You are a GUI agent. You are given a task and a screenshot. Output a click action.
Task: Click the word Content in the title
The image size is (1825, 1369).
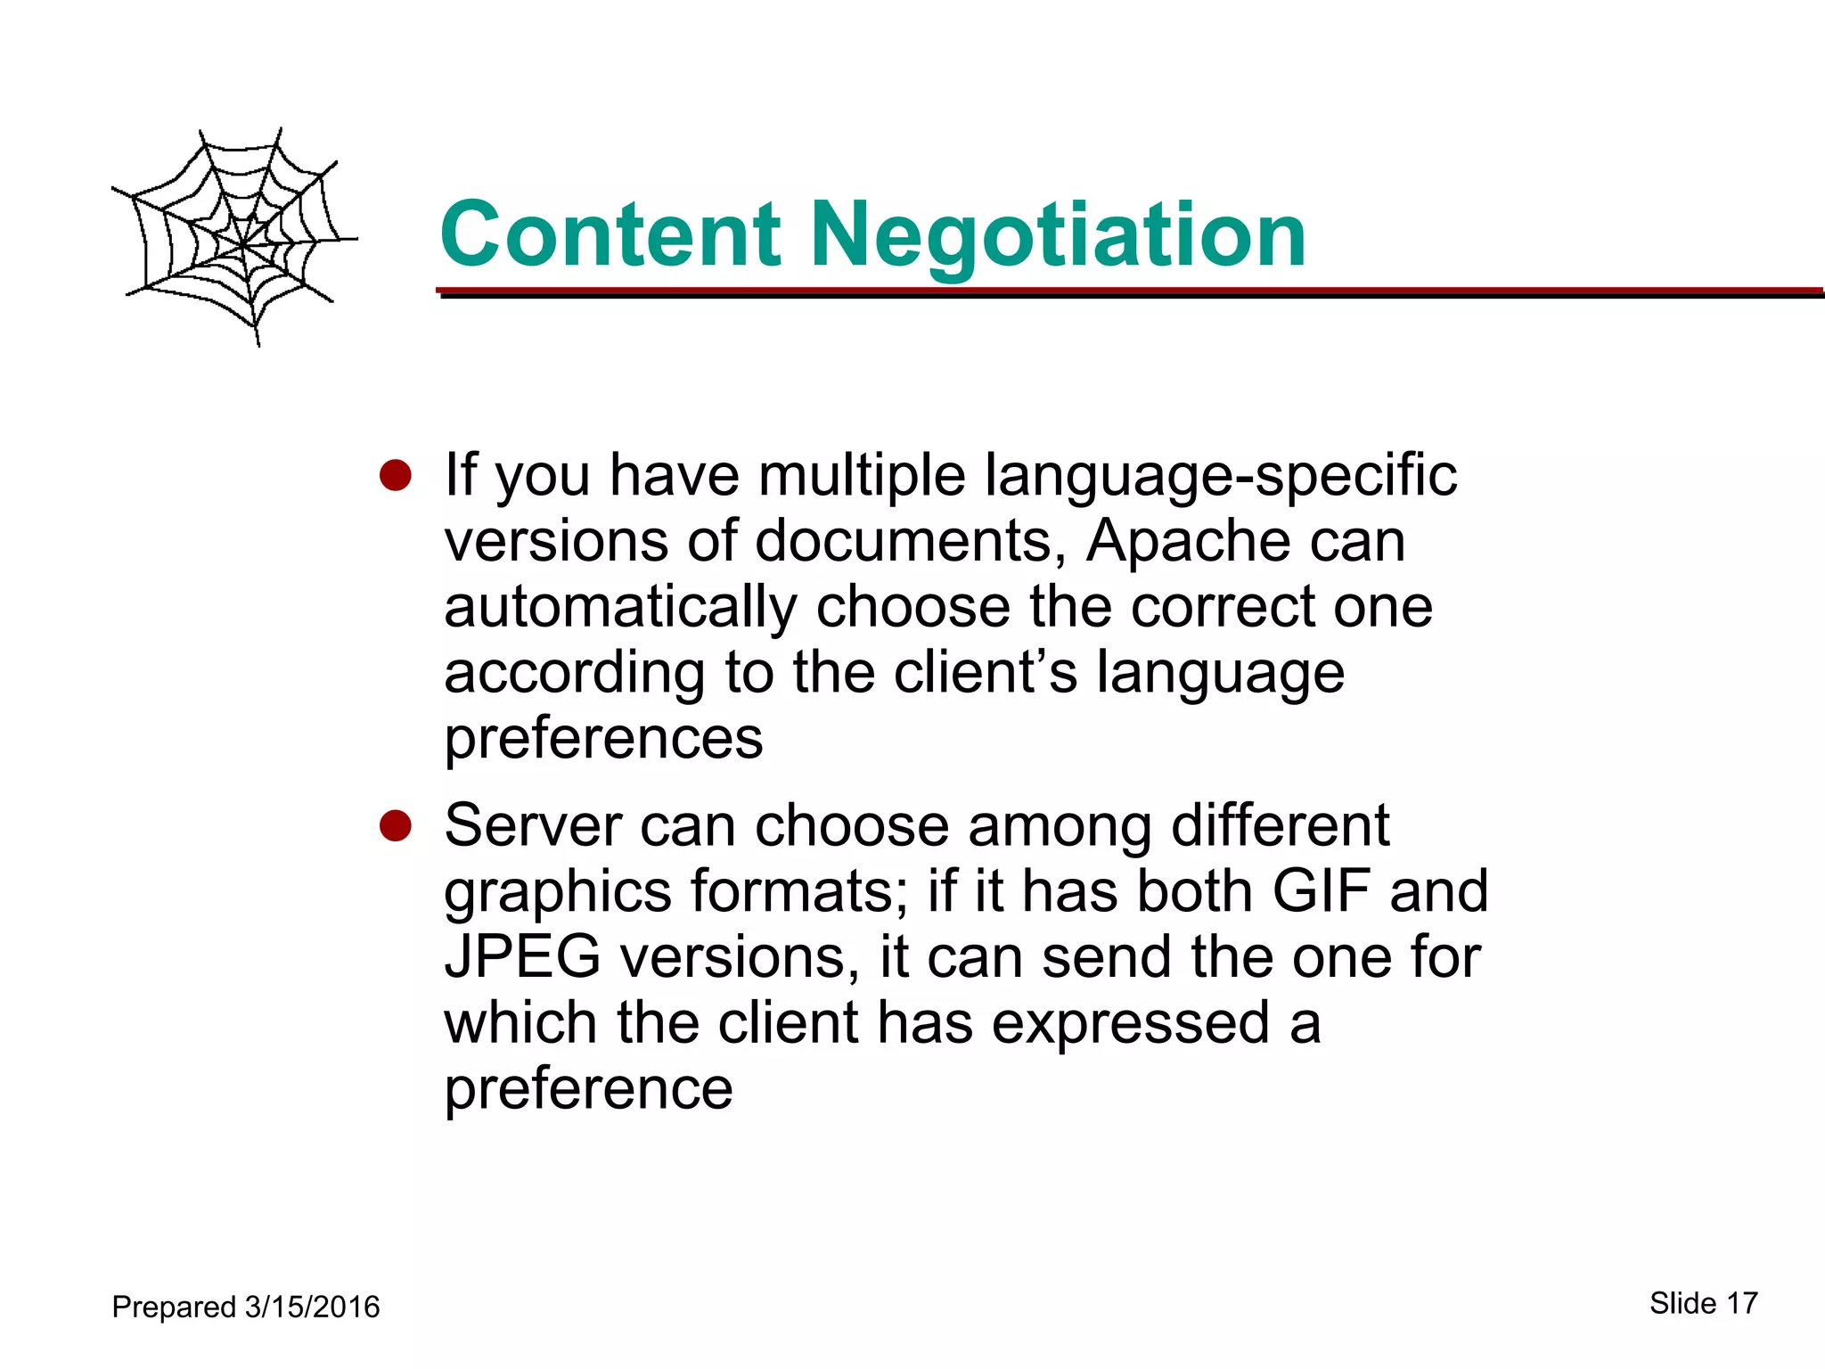[610, 234]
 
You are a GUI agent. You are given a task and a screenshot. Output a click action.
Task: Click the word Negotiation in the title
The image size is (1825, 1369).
[1057, 236]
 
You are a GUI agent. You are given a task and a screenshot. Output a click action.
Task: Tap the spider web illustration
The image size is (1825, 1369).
[236, 236]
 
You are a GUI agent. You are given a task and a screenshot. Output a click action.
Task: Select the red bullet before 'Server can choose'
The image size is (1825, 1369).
[395, 825]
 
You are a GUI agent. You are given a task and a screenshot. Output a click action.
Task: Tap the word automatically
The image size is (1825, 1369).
[620, 608]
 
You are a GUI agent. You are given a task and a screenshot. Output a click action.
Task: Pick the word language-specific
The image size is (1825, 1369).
[1220, 477]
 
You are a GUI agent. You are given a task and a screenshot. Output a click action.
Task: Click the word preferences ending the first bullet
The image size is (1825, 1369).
[603, 738]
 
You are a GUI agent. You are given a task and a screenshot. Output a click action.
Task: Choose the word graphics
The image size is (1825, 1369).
[558, 892]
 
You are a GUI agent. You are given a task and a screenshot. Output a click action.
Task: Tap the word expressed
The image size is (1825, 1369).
[1131, 1023]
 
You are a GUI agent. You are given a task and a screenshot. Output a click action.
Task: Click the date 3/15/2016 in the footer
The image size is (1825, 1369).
[312, 1307]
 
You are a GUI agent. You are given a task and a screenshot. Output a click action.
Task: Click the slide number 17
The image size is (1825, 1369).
[1741, 1303]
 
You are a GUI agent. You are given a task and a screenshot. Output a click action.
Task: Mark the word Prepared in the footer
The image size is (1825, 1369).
[174, 1308]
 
